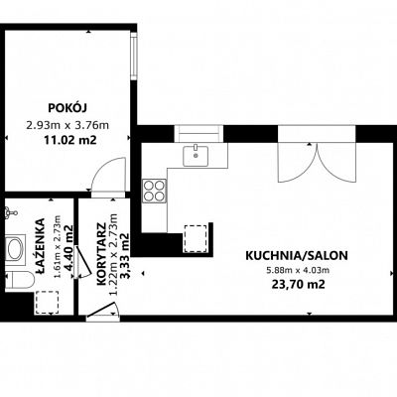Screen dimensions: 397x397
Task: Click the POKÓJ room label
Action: click(67, 108)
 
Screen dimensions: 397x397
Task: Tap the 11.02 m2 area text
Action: click(70, 140)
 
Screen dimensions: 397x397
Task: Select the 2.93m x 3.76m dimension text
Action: click(67, 125)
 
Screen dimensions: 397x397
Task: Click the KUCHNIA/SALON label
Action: click(297, 256)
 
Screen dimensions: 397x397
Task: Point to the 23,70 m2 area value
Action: click(298, 285)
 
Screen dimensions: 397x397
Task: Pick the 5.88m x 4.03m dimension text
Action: click(298, 270)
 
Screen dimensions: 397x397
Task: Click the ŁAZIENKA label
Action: click(41, 246)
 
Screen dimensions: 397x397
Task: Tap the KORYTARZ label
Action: click(101, 254)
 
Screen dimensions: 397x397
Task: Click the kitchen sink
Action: click(196, 156)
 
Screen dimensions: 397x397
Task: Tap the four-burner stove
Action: click(154, 191)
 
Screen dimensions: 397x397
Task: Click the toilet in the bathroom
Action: click(20, 280)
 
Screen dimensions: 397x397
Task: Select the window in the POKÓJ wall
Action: click(134, 56)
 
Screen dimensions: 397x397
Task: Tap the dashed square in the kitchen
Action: click(196, 237)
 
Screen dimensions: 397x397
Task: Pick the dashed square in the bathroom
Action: click(47, 303)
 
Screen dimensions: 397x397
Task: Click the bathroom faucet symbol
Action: click(10, 212)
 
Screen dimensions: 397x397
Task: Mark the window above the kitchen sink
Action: click(198, 133)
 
